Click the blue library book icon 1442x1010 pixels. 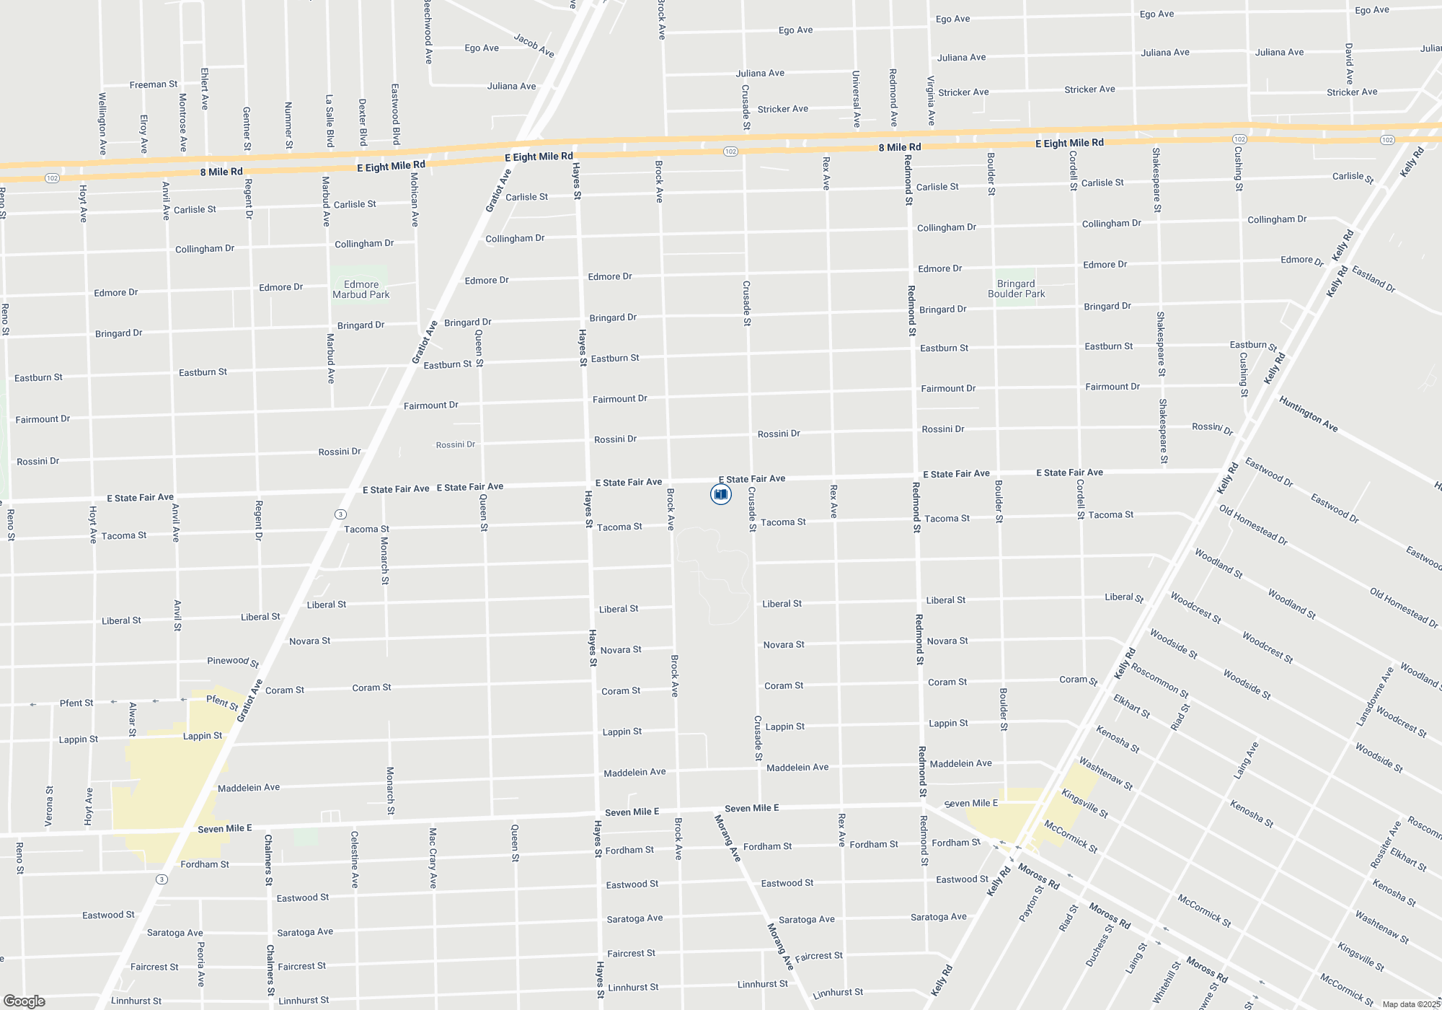pos(720,494)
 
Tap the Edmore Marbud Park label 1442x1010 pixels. pos(360,289)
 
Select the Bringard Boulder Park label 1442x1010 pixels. pos(1016,289)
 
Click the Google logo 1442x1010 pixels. pos(24,1001)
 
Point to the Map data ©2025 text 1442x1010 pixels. pos(1410,1004)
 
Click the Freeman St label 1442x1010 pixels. pos(154,84)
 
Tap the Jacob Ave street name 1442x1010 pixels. pos(534,45)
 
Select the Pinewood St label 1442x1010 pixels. pos(233,661)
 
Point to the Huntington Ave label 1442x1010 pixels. pos(1309,414)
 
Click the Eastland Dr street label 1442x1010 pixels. pos(1374,279)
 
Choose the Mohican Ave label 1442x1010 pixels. pos(415,199)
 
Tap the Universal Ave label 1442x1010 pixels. pos(856,99)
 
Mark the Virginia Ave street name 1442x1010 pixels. pos(931,100)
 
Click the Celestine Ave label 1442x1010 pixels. pos(355,859)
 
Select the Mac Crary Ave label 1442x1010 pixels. pos(433,858)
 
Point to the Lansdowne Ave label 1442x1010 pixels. pos(1375,696)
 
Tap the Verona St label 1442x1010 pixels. pos(49,806)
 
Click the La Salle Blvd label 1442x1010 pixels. pos(329,120)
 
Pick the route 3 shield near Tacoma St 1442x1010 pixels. pos(340,514)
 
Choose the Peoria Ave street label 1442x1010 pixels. pos(201,964)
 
